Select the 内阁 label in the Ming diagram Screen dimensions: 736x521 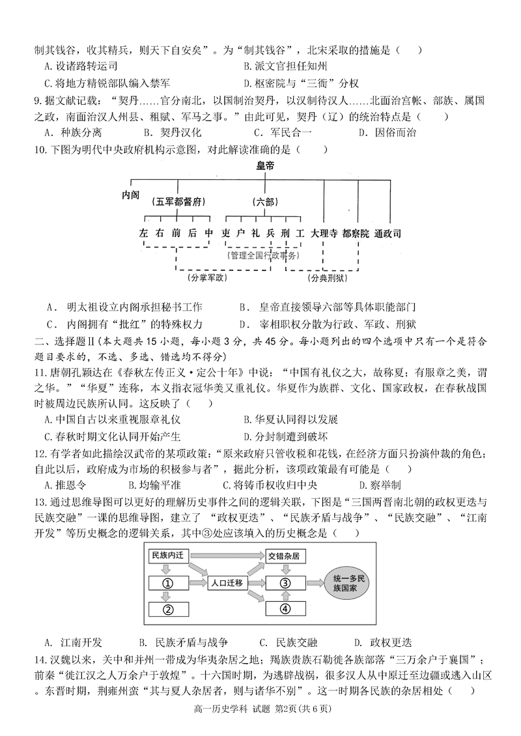130,195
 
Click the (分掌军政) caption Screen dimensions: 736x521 206,278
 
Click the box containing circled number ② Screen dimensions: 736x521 167,610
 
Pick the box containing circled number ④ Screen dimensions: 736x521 285,610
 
